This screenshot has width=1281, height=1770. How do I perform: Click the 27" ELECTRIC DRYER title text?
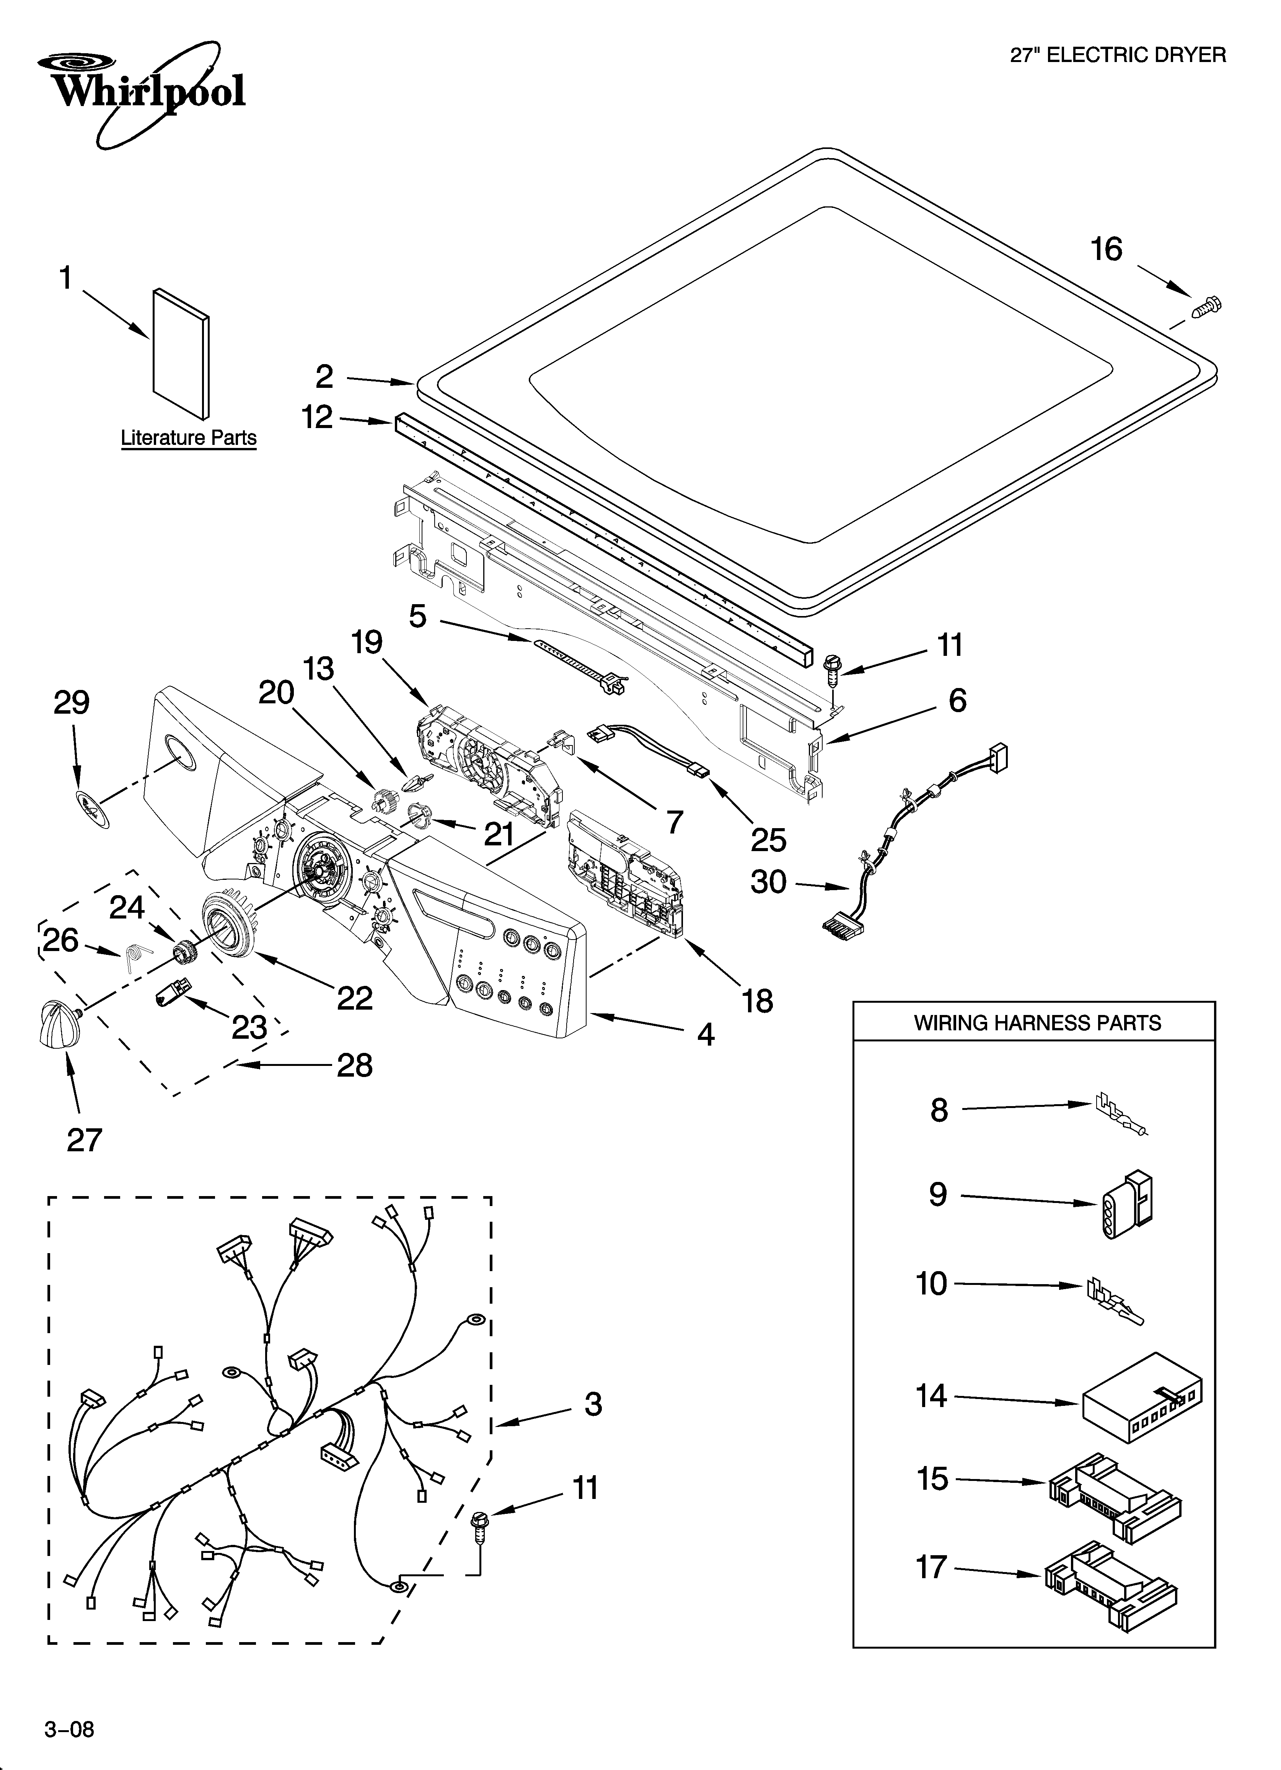click(x=1118, y=55)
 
